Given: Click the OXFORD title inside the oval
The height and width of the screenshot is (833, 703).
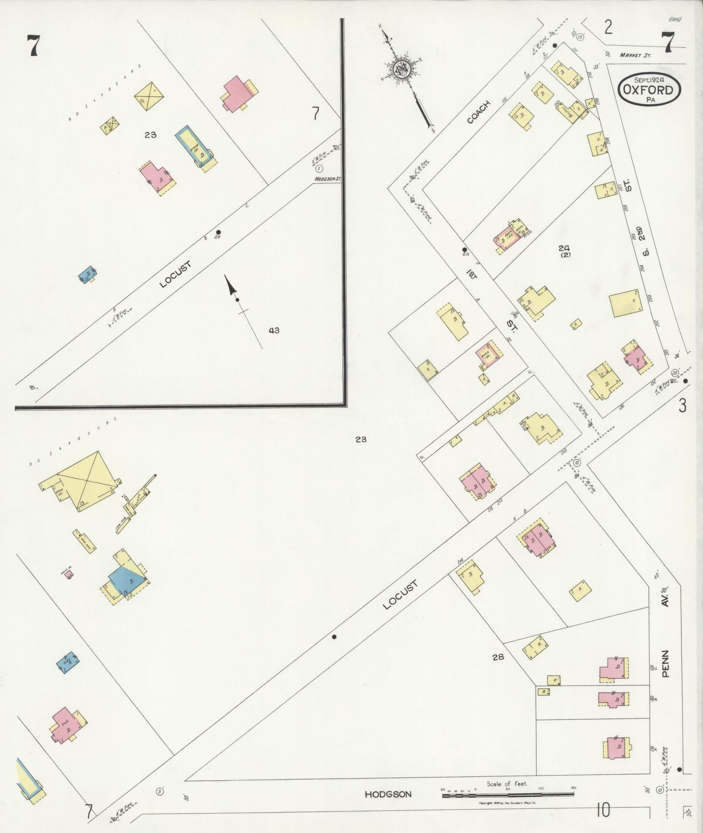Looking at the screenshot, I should coord(648,90).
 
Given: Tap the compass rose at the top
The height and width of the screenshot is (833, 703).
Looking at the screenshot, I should coord(401,68).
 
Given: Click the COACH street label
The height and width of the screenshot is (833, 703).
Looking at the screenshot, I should coord(478,112).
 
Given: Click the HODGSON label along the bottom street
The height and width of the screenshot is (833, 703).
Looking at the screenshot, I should coord(388,794).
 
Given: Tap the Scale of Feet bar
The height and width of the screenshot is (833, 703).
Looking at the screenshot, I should coord(508,795).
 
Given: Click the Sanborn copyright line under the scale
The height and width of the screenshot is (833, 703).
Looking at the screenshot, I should coord(507,803).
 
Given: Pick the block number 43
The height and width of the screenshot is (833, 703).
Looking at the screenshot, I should coord(274,330).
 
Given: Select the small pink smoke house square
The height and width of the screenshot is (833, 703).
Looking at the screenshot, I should coord(69,575).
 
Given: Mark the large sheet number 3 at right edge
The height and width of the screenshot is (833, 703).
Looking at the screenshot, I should coord(682,405).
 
